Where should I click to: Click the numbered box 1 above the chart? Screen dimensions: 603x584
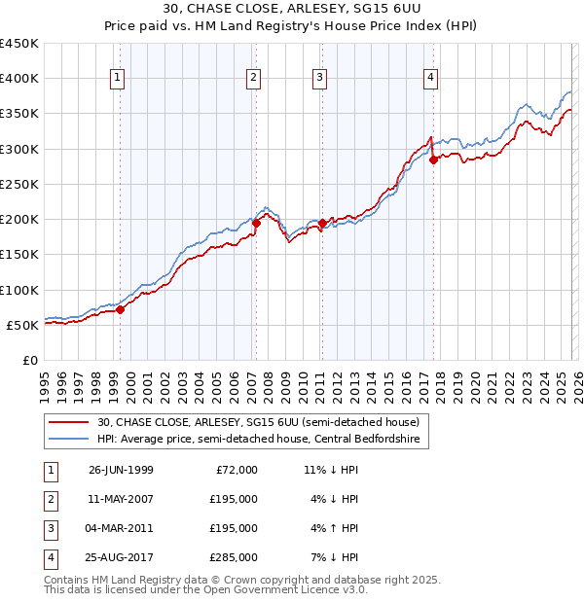pyautogui.click(x=118, y=79)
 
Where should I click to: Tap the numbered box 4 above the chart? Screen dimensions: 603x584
pyautogui.click(x=430, y=79)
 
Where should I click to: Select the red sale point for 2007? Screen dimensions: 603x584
pyautogui.click(x=257, y=223)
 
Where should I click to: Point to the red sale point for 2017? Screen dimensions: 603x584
pyautogui.click(x=434, y=160)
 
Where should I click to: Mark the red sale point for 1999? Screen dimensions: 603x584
pyautogui.click(x=121, y=309)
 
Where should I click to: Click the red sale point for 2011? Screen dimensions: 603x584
pyautogui.click(x=322, y=223)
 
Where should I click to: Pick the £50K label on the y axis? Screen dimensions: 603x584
pyautogui.click(x=23, y=325)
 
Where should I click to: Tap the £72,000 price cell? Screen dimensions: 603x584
pyautogui.click(x=234, y=469)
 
